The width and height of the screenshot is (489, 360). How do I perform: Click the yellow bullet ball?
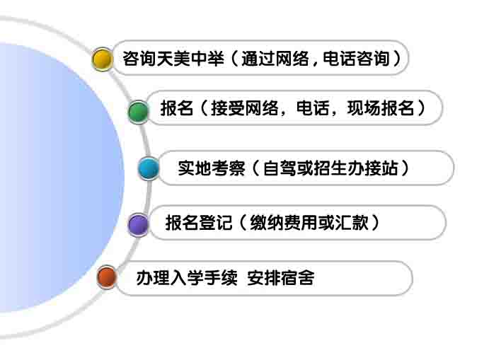(102, 59)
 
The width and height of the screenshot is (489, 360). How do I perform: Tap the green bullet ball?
(138, 112)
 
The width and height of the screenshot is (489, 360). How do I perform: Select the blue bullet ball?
(149, 168)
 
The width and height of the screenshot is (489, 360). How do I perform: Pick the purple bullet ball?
(138, 224)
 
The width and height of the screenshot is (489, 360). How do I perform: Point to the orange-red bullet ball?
(107, 277)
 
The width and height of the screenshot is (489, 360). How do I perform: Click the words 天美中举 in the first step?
(190, 59)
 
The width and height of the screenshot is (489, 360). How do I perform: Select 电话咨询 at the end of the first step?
(357, 59)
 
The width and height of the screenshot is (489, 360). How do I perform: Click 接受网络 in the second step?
(245, 108)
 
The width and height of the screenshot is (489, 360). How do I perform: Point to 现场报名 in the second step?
(381, 108)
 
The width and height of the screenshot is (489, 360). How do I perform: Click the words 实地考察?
(211, 168)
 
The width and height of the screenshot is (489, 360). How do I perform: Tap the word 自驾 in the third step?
(280, 168)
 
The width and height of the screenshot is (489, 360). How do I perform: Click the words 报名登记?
(199, 223)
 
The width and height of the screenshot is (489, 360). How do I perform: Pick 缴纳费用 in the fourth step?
(284, 223)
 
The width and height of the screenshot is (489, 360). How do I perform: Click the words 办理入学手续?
(187, 278)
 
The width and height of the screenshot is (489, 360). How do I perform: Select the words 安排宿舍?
(281, 278)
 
